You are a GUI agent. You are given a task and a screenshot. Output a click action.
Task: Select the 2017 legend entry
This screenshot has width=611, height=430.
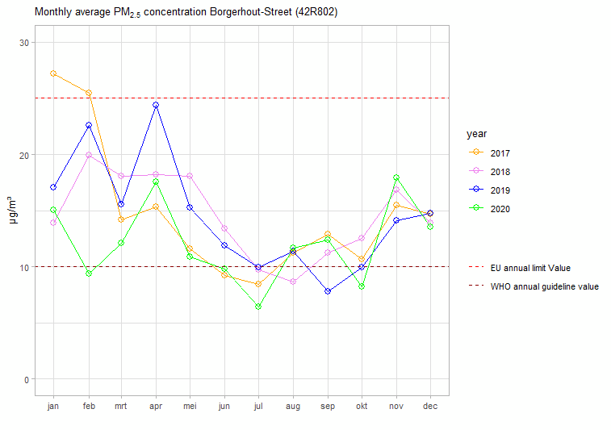point(500,153)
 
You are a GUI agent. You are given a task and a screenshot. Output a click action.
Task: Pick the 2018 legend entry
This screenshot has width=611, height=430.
point(500,172)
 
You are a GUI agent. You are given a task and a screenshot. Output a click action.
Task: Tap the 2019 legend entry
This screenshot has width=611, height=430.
point(500,190)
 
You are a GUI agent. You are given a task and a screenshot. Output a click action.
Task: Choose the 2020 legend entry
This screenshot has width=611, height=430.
point(500,209)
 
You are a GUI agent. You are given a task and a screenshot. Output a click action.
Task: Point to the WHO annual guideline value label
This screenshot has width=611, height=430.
point(544,286)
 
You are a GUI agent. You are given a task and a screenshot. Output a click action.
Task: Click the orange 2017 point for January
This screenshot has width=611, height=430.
point(53,73)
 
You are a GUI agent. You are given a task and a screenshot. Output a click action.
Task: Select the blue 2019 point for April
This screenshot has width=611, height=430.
point(156,105)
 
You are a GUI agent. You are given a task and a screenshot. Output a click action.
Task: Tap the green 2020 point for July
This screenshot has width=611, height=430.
point(258,307)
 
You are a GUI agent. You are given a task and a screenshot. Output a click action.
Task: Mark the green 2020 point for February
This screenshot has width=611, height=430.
point(89,273)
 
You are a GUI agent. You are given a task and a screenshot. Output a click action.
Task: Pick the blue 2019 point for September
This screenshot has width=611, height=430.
point(327,291)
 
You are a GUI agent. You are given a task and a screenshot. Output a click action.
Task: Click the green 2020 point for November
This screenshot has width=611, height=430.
point(396,177)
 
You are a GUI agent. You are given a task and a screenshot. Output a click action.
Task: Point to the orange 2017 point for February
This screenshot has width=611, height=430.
point(89,93)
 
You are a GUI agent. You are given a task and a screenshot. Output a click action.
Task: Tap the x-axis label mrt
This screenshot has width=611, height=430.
point(122,407)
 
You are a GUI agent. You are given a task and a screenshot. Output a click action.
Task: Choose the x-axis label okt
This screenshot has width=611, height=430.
point(362,407)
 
